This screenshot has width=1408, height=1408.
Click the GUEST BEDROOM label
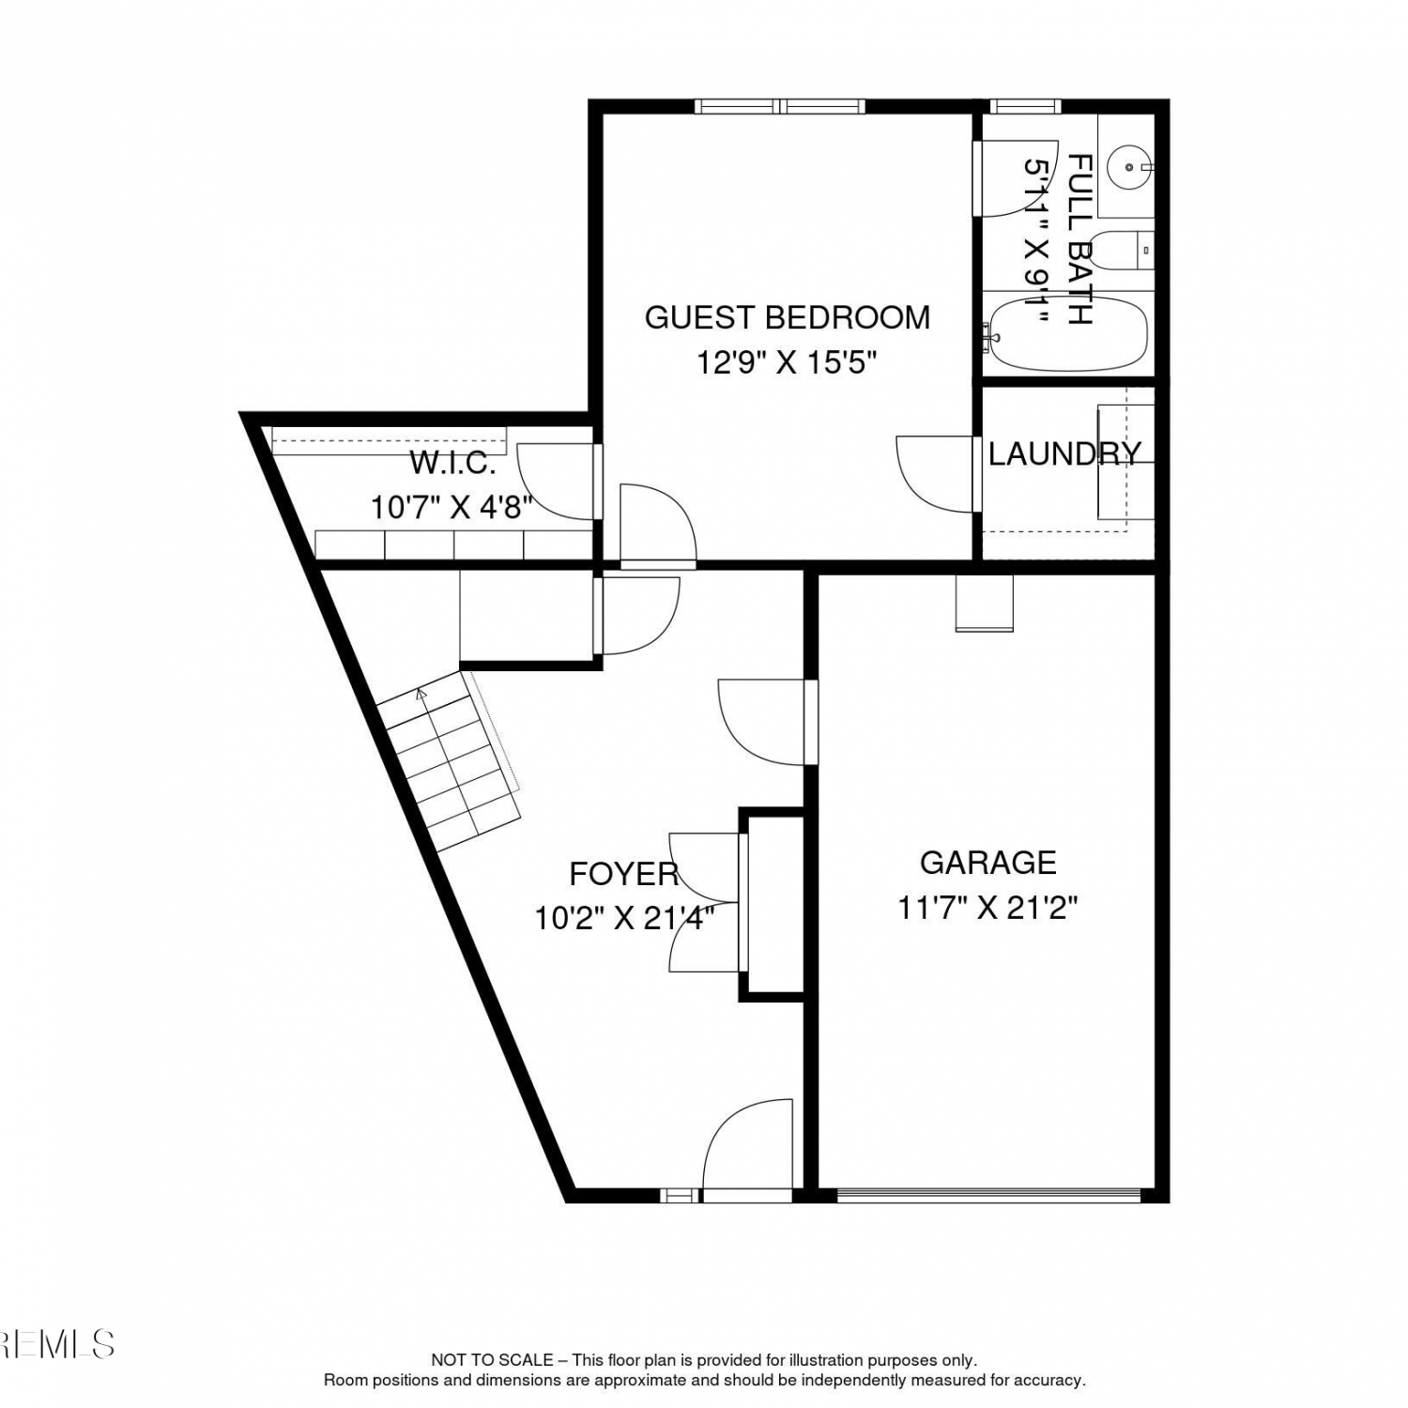pyautogui.click(x=787, y=317)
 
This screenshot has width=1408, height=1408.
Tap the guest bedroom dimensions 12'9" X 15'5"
pyautogui.click(x=787, y=362)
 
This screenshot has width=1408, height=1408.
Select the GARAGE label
pyautogui.click(x=987, y=863)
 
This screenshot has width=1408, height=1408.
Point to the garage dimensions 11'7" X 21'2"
pyautogui.click(x=987, y=908)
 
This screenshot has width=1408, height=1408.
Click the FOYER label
pyautogui.click(x=624, y=874)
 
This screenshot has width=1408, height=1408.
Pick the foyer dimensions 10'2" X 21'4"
pyautogui.click(x=624, y=917)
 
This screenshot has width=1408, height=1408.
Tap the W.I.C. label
pyautogui.click(x=452, y=463)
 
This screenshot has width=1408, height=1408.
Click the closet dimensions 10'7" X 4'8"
pyautogui.click(x=451, y=508)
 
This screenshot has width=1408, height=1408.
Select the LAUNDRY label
pyautogui.click(x=1064, y=453)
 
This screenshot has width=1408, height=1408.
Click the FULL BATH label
pyautogui.click(x=1080, y=239)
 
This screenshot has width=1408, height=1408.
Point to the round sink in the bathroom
pyautogui.click(x=1127, y=167)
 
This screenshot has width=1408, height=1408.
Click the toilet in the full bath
pyautogui.click(x=1123, y=250)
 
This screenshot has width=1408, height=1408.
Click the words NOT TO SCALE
pyautogui.click(x=491, y=1359)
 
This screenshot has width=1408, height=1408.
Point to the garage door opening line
pyautogui.click(x=988, y=1196)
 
